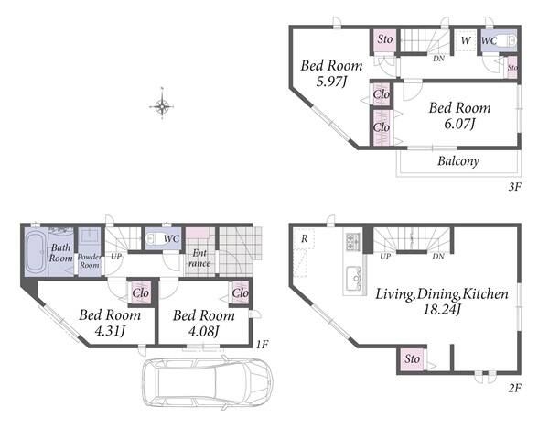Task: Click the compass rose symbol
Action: click(x=161, y=105)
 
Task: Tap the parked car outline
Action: click(x=208, y=382)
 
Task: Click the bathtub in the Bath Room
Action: click(x=36, y=252)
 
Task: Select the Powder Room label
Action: click(x=90, y=260)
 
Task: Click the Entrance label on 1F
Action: click(x=199, y=258)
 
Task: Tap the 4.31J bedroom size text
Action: click(x=110, y=331)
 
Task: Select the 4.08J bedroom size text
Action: click(x=204, y=331)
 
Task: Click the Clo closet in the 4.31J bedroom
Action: click(x=141, y=291)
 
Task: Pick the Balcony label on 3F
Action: click(x=458, y=161)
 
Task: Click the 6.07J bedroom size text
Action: click(x=459, y=124)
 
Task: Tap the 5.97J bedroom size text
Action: click(x=331, y=82)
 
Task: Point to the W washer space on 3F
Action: click(x=466, y=40)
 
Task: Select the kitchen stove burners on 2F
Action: click(x=352, y=241)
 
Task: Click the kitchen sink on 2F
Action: click(x=354, y=279)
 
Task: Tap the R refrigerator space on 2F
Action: click(x=305, y=239)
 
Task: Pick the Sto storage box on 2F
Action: click(x=412, y=358)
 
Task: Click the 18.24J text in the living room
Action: click(x=442, y=310)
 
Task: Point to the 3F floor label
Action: click(x=514, y=187)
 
